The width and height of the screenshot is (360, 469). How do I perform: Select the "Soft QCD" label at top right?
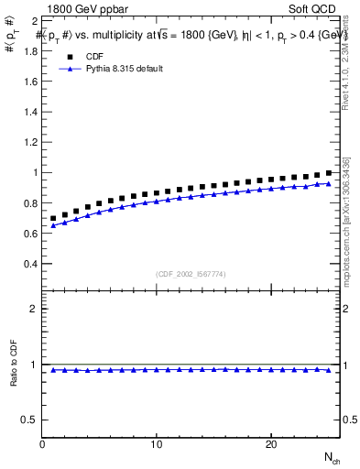click(x=314, y=7)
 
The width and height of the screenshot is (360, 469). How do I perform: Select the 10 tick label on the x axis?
click(x=157, y=444)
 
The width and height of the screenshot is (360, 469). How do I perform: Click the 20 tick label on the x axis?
click(x=271, y=444)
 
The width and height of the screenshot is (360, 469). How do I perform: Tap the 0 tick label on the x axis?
click(x=43, y=444)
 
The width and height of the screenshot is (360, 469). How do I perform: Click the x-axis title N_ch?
click(x=332, y=457)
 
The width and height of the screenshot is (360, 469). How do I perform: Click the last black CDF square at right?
click(x=328, y=172)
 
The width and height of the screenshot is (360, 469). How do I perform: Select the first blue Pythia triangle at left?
click(x=54, y=225)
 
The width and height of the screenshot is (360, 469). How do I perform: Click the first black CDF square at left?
click(x=54, y=219)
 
